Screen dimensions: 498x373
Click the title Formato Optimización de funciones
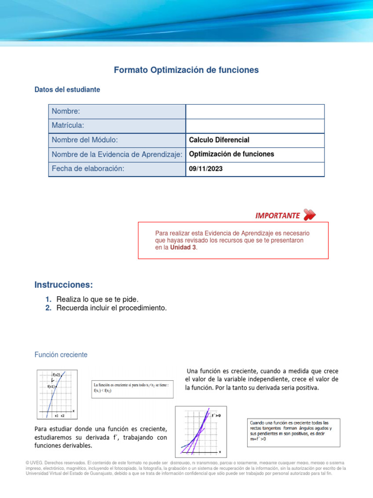tap(186, 70)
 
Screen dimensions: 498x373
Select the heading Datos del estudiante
tap(67, 89)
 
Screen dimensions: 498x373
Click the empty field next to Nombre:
tap(255, 112)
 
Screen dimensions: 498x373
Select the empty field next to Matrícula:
tap(255, 126)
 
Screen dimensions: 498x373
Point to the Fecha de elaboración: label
tap(88, 169)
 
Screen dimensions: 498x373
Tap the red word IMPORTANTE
tap(277, 215)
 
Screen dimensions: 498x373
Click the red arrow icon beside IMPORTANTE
tap(309, 214)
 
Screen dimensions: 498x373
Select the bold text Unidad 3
tap(184, 248)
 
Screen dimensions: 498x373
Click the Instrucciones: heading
tap(64, 285)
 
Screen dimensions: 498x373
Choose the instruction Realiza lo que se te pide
tap(101, 299)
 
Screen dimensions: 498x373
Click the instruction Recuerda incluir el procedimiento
tap(111, 308)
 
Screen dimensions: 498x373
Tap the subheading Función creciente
tap(61, 355)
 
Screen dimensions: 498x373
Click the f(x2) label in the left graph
tap(56, 375)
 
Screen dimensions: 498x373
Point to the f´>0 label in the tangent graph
tap(216, 415)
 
